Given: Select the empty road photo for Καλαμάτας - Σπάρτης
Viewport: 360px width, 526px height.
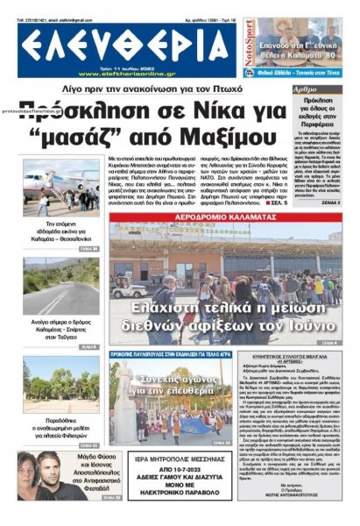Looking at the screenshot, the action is coord(60,299).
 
